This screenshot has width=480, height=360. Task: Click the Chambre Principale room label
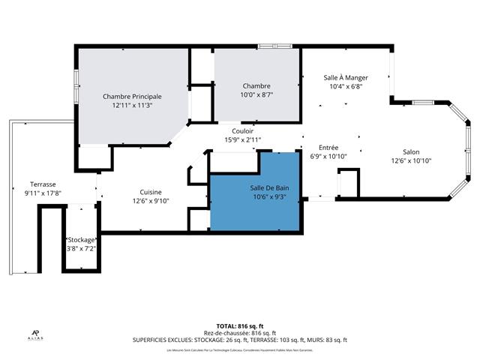tap(132, 96)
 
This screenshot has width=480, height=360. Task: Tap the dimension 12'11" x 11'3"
tap(132, 106)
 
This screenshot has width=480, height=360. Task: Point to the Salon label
tap(411, 151)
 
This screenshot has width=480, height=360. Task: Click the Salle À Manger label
tap(345, 77)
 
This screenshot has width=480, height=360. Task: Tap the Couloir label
tap(242, 130)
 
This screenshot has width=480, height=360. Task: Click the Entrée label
tap(328, 148)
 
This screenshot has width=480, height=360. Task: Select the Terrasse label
tap(43, 184)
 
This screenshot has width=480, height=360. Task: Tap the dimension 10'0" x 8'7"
tap(256, 95)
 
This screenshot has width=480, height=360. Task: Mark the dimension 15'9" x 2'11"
tap(242, 139)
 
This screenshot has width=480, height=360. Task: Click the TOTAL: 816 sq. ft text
tap(239, 326)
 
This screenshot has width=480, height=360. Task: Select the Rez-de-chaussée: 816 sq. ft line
tap(239, 333)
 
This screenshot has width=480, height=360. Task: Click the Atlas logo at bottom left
tap(35, 335)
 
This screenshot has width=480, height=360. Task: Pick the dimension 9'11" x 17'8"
tap(43, 193)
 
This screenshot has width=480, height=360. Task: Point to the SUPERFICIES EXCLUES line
tap(239, 340)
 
